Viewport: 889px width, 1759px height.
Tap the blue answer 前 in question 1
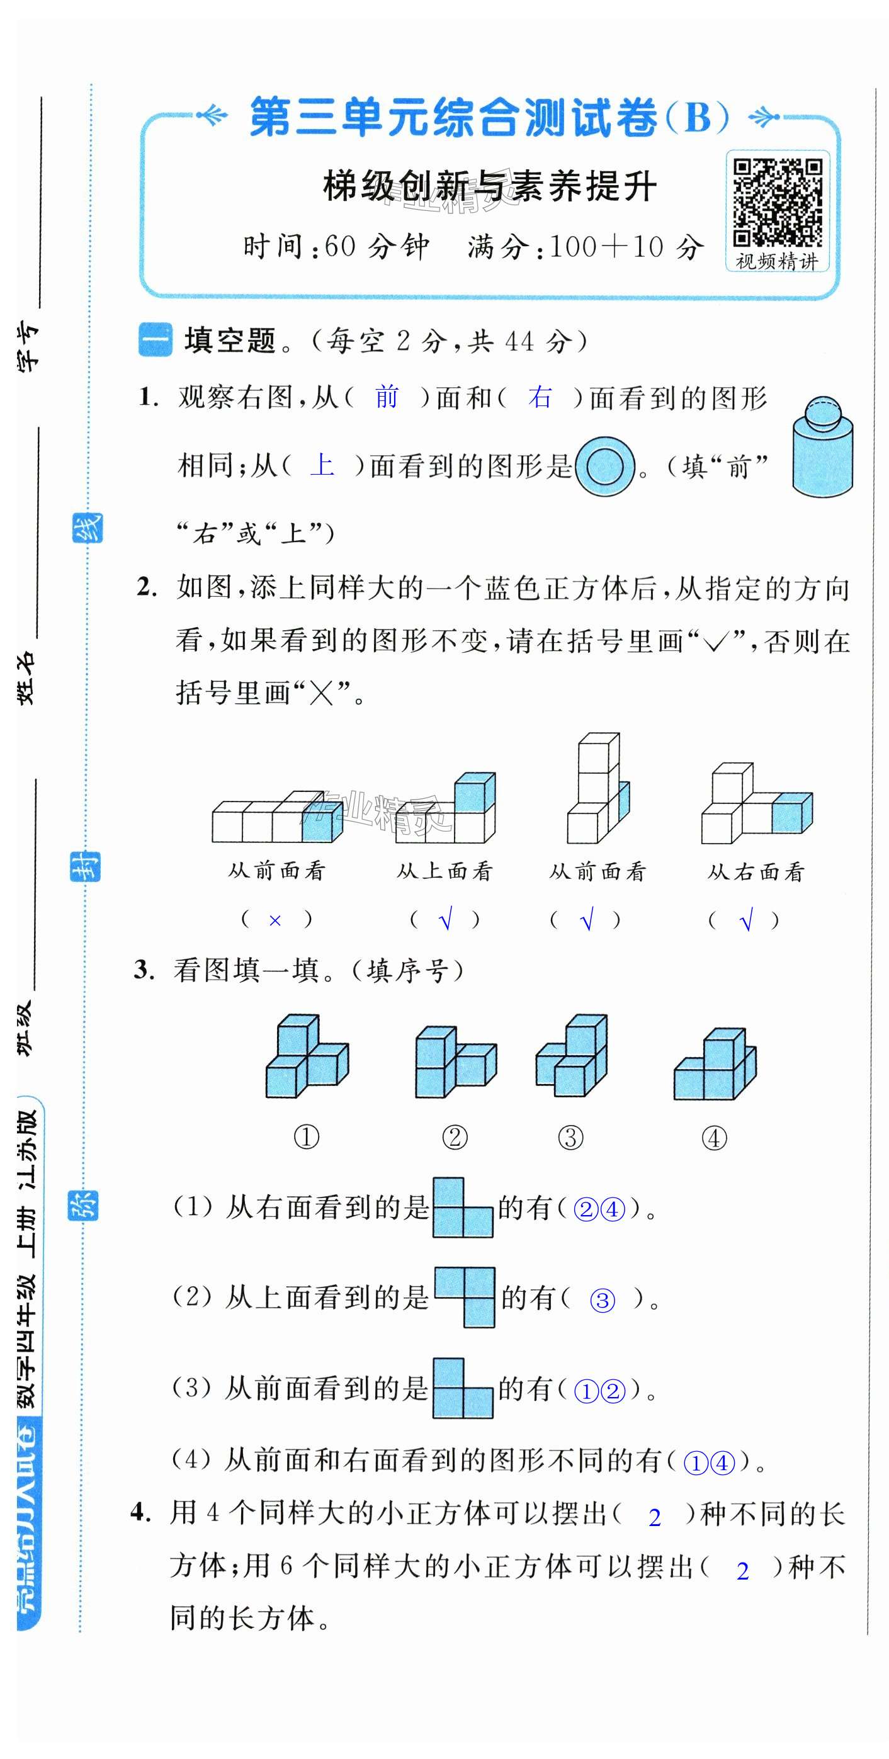click(x=387, y=397)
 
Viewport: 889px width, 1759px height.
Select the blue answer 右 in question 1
click(x=540, y=397)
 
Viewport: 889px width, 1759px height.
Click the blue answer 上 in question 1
click(x=322, y=465)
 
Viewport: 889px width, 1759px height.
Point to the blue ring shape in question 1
click(x=605, y=467)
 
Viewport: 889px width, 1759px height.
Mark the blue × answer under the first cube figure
click(x=275, y=920)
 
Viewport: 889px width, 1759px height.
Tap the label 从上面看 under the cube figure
click(x=444, y=871)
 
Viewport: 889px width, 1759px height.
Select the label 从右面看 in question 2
click(x=756, y=871)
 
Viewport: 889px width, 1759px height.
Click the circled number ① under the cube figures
click(x=306, y=1138)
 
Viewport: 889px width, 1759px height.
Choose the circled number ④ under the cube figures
click(x=713, y=1138)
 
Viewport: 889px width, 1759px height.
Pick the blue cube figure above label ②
click(x=455, y=1061)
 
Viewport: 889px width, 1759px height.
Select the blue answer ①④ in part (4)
click(x=709, y=1462)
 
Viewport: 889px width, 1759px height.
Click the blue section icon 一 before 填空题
click(x=155, y=340)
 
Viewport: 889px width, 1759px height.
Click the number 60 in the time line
click(x=340, y=247)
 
